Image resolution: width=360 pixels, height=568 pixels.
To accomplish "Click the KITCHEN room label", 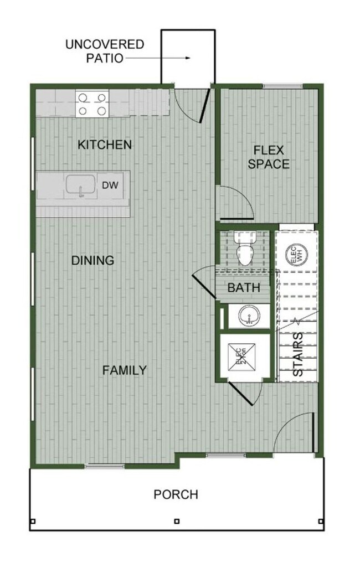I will point(105,145).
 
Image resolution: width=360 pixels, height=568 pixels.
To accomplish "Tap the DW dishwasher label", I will point(109,185).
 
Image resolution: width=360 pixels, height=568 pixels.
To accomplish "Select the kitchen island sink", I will point(81,186).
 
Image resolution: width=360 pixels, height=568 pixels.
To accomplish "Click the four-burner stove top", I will point(92,104).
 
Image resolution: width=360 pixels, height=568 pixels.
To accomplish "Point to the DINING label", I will point(93,260).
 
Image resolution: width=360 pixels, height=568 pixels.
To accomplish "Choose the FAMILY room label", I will point(125,370).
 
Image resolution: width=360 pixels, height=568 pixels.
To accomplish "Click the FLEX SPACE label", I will point(269,157).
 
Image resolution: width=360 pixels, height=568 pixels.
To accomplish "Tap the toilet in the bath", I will point(244,249).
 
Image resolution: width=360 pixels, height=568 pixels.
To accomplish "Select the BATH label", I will point(244,288).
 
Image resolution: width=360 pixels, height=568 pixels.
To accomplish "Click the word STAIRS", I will point(297,355).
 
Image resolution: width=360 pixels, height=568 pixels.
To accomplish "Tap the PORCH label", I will point(176,494).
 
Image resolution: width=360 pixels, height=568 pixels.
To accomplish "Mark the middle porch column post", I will point(176,521).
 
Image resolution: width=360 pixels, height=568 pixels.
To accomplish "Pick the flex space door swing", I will point(234,200).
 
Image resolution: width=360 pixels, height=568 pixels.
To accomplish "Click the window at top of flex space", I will point(282,86).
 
